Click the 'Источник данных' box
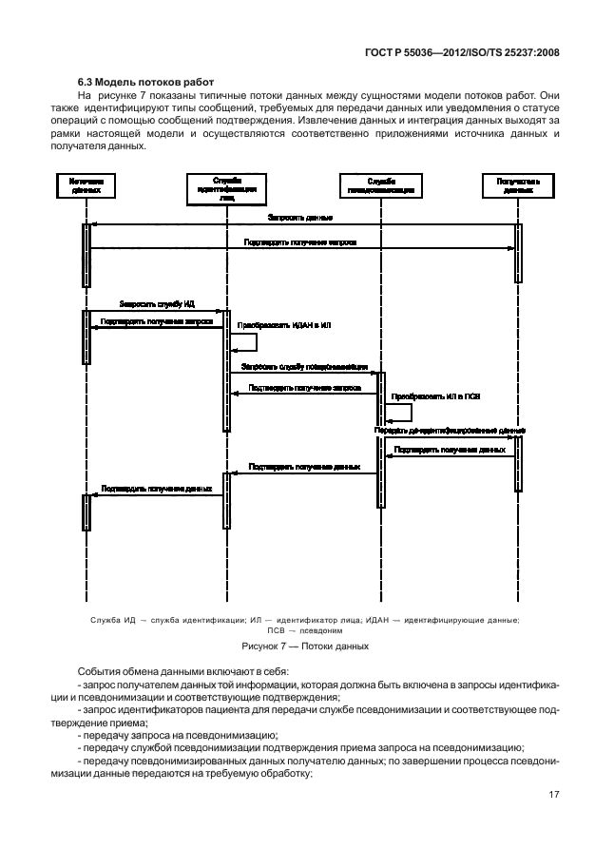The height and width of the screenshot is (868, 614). (86, 185)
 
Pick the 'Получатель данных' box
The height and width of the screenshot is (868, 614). (518, 185)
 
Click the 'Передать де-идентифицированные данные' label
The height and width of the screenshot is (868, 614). (450, 431)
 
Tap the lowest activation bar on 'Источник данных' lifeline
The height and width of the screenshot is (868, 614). (86, 512)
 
